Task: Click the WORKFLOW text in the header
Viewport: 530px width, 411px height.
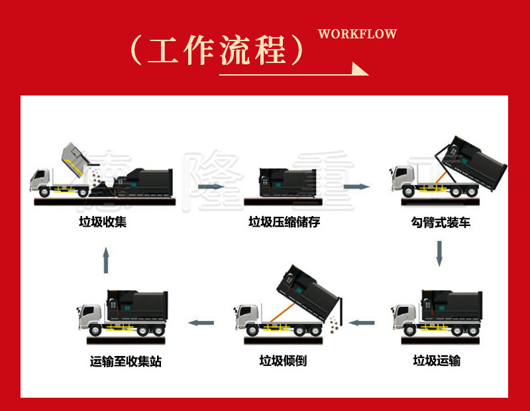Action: pyautogui.click(x=357, y=34)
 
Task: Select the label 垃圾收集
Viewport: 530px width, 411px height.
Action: pyautogui.click(x=103, y=222)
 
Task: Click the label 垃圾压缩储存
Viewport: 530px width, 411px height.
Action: pyautogui.click(x=284, y=222)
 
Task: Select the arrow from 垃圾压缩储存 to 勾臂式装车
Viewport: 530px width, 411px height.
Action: pyautogui.click(x=357, y=186)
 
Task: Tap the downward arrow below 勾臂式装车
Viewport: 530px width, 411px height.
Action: pyautogui.click(x=439, y=254)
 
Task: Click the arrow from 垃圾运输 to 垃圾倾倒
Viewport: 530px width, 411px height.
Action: pyautogui.click(x=362, y=323)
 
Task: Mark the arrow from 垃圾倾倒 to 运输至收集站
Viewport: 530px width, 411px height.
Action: pyautogui.click(x=201, y=323)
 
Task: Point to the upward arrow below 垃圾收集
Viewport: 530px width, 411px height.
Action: pyautogui.click(x=106, y=261)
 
